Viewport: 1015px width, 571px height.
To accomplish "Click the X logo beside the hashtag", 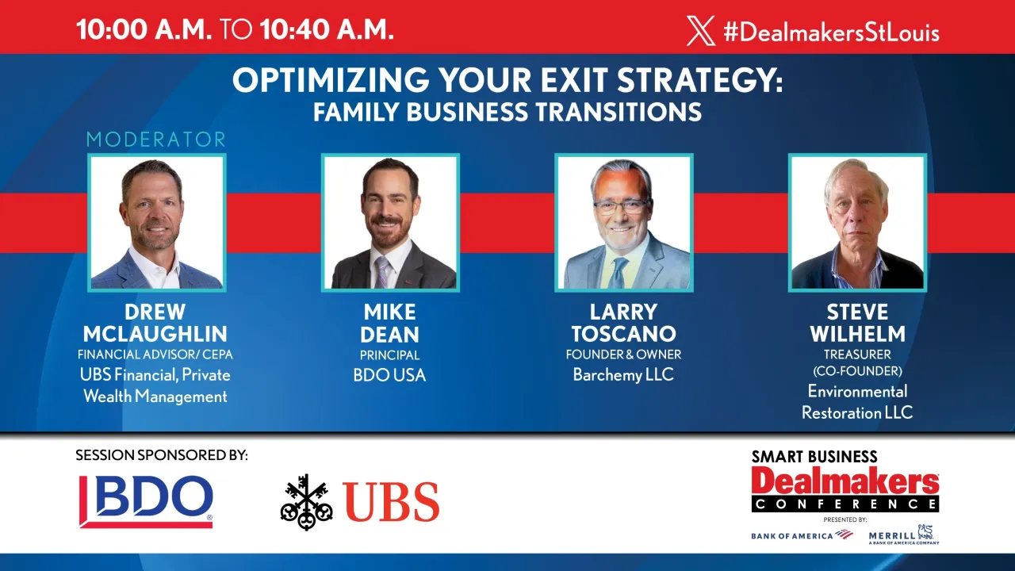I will coord(701,31).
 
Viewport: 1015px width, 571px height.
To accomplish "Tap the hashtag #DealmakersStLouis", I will coord(831,32).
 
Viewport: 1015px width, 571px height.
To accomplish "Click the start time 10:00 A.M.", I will coord(144,29).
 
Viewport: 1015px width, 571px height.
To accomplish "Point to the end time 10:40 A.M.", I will coord(327,29).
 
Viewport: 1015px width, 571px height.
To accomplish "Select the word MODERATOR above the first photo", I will coord(156,140).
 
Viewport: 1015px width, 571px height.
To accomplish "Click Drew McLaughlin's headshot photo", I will coord(156,223).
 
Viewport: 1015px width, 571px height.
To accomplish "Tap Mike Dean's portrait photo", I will coord(389,223).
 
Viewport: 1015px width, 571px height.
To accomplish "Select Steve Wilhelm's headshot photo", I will coord(857,223).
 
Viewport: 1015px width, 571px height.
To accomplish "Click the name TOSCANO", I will coord(623,334).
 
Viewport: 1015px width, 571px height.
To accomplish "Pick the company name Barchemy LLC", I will coord(623,375).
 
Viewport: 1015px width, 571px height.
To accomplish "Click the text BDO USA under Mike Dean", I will coord(389,375).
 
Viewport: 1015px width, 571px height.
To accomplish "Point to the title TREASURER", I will coord(857,354).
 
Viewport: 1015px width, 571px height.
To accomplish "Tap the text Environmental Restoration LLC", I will coord(857,402).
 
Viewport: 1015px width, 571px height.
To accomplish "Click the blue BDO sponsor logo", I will coord(146,501).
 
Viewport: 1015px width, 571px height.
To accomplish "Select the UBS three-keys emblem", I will coord(306,501).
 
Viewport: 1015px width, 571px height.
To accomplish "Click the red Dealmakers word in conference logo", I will coord(845,481).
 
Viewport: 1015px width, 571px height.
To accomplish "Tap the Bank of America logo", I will coord(801,535).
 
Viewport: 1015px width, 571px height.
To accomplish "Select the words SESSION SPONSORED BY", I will coord(162,455).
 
